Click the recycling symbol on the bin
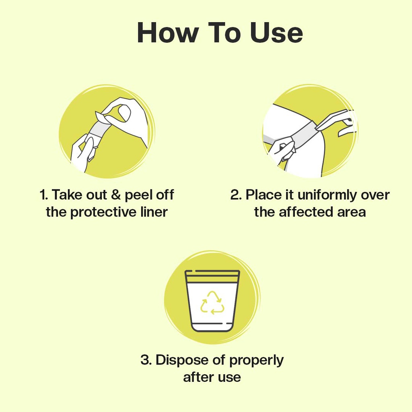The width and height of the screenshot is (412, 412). coord(212,303)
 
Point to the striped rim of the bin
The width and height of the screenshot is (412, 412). coord(212,276)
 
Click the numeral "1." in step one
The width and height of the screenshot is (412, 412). coord(44,195)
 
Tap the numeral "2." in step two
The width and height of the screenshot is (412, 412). coord(236,195)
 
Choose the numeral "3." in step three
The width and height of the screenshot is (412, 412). coord(146,360)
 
